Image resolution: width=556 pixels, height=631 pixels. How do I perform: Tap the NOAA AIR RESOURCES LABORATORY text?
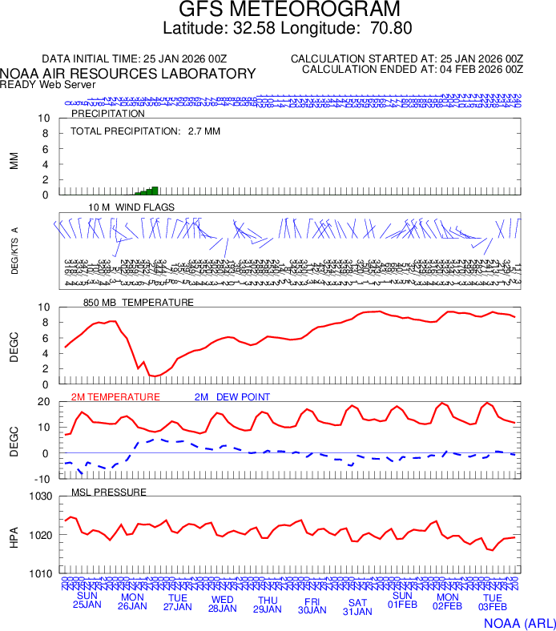point(128,74)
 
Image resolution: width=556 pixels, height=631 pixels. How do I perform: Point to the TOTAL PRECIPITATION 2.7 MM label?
point(145,131)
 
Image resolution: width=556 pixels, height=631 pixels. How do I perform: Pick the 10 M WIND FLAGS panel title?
point(131,207)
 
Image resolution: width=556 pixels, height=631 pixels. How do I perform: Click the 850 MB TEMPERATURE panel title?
point(139,303)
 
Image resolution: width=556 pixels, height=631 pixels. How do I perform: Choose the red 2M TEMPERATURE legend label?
point(115,397)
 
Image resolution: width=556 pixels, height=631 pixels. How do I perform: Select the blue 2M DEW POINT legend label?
point(232,397)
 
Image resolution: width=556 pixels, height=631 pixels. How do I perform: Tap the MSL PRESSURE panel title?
point(109,492)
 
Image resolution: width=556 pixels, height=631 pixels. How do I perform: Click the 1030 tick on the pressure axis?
point(40,497)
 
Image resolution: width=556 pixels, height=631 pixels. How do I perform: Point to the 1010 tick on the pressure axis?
point(40,574)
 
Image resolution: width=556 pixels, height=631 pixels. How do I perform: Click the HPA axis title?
point(13,536)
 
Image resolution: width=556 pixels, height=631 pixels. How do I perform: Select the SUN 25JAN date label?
point(87,601)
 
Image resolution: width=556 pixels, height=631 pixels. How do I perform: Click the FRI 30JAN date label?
point(312,605)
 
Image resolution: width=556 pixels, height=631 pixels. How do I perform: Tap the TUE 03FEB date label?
point(493,603)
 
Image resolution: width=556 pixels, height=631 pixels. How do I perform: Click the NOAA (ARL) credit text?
point(518,622)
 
